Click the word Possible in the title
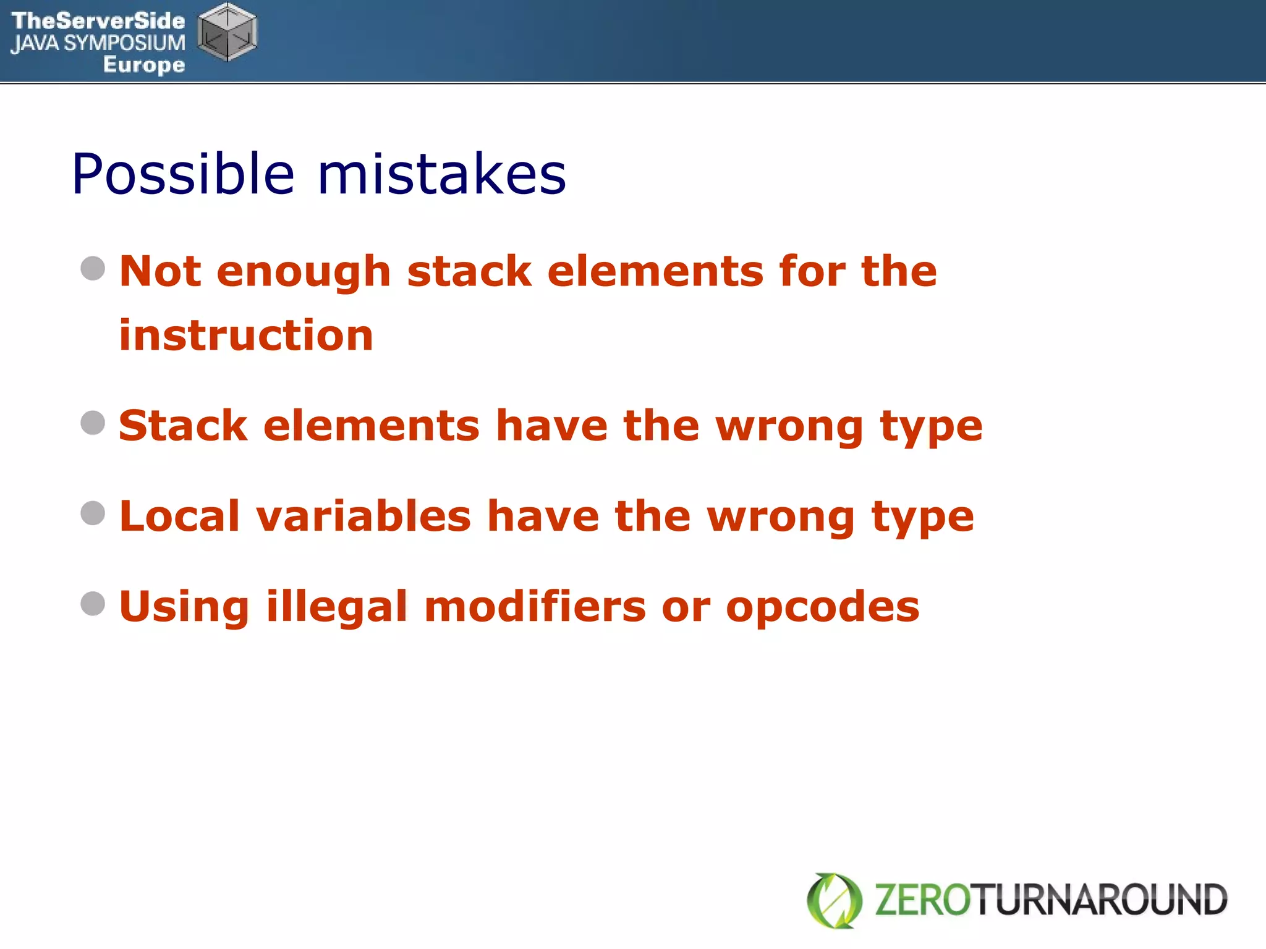[183, 175]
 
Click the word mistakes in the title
[441, 175]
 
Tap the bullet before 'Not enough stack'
[93, 268]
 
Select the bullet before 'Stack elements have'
[93, 423]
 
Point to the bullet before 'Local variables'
[93, 513]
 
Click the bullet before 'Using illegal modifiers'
[93, 604]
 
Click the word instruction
[246, 335]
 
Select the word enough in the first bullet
[304, 272]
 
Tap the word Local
[179, 516]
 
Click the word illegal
[337, 607]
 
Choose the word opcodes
[822, 607]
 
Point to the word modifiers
[535, 607]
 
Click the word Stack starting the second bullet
[183, 426]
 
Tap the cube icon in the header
[227, 32]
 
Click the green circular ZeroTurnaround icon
[835, 900]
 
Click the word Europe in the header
[144, 64]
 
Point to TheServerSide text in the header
[98, 21]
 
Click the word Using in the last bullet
[184, 607]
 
